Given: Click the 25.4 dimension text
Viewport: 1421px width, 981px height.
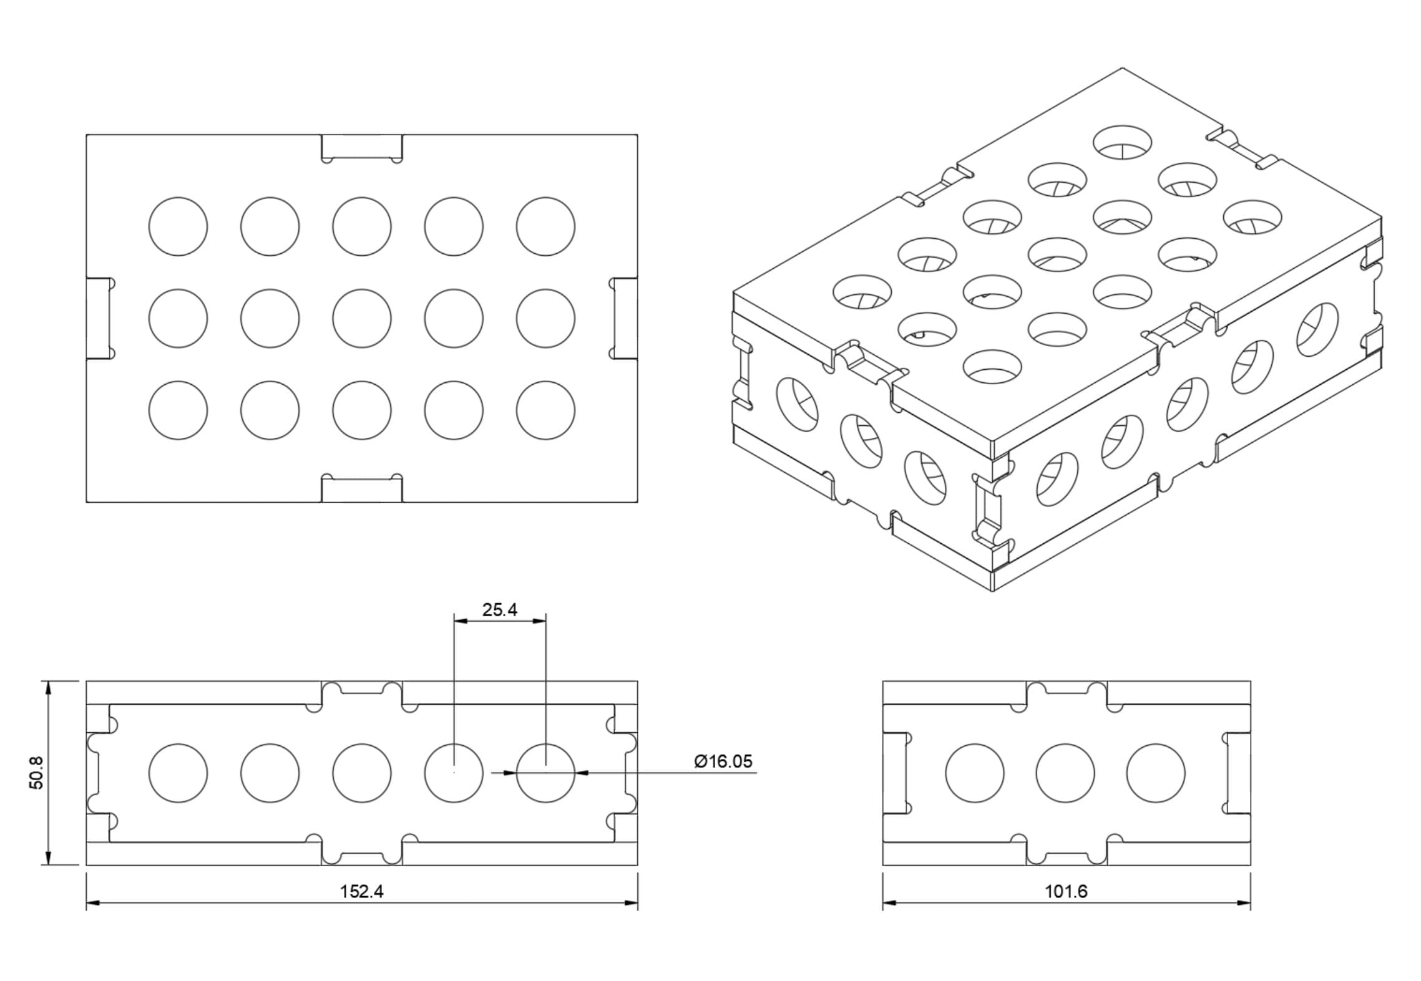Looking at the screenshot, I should pos(499,610).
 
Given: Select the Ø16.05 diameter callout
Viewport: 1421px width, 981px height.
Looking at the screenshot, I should pos(723,761).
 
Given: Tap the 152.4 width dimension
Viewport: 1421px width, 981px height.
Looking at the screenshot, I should pos(361,891).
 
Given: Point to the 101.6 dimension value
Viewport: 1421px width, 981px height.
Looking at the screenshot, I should pos(1066,891).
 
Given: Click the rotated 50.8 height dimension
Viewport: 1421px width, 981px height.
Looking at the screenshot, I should pos(37,772).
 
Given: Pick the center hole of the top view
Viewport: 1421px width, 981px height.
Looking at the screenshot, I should pos(361,318).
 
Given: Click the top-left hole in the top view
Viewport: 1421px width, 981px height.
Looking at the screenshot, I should pos(178,226).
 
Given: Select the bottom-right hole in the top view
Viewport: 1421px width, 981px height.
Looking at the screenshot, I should pos(545,410).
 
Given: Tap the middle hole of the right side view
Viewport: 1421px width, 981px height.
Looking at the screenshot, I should pos(1065,773).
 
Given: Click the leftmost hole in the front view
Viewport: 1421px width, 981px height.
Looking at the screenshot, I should pos(178,773).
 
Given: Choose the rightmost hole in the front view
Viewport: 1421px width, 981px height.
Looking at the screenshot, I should pos(545,773).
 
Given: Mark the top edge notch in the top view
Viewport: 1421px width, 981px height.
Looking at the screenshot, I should pos(361,147).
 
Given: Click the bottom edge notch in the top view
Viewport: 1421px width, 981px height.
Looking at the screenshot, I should pos(361,490).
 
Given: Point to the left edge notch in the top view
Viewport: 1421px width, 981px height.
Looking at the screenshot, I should pos(99,318).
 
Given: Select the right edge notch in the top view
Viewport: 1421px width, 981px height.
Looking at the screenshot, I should pos(625,318).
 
